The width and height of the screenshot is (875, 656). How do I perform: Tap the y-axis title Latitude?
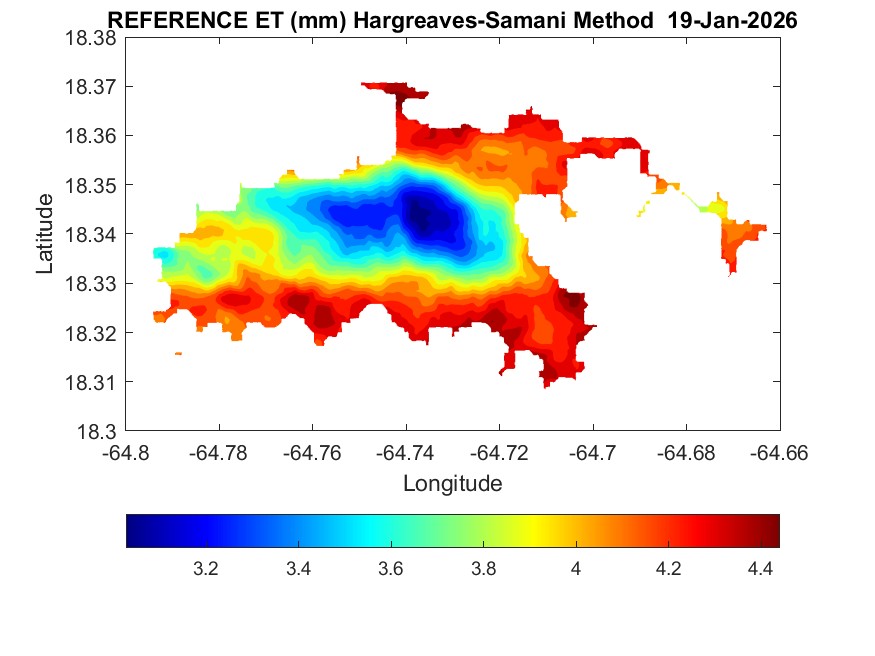(x=45, y=234)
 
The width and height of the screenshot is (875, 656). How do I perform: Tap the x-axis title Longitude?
(x=452, y=484)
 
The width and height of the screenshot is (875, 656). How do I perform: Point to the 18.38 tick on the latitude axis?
(x=90, y=38)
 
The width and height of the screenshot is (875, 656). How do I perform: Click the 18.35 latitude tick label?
(x=90, y=186)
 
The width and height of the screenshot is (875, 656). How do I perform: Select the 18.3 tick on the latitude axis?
(x=97, y=432)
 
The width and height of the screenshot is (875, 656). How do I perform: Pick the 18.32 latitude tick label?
(x=90, y=333)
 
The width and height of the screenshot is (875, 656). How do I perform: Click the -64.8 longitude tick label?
(x=127, y=452)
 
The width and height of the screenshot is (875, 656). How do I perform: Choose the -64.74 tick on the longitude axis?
(x=406, y=452)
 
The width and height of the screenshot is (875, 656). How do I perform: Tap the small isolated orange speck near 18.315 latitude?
(x=178, y=353)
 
